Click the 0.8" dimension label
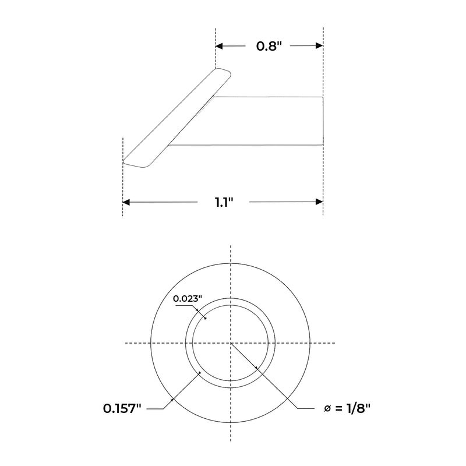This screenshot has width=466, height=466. (269, 46)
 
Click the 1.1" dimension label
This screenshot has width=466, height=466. (224, 202)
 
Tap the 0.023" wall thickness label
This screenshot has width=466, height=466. (188, 298)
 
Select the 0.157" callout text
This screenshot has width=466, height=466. (122, 409)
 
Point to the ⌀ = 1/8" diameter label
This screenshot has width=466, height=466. (347, 408)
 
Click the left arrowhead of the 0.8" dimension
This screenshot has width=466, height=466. (219, 46)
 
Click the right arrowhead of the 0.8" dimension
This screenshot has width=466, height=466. (319, 46)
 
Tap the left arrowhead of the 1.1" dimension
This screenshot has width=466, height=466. (126, 202)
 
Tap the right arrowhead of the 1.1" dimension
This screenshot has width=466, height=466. (319, 202)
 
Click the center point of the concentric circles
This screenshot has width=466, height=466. (231, 343)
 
